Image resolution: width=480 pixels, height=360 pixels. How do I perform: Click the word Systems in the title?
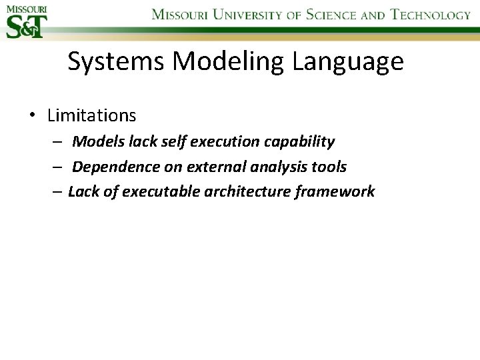[117, 62]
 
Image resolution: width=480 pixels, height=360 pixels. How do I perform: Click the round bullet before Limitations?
[32, 115]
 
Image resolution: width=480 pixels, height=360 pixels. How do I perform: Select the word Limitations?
[91, 115]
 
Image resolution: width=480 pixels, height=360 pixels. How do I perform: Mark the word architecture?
[253, 192]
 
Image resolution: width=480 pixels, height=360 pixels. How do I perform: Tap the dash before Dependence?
[59, 167]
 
